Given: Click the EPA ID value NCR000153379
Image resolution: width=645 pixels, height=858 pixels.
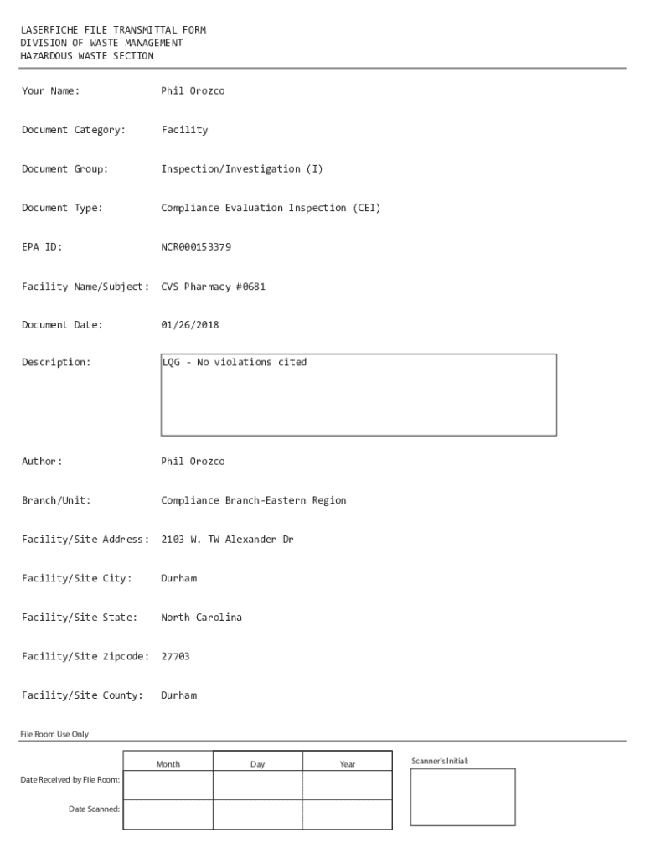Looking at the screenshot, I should [x=196, y=247].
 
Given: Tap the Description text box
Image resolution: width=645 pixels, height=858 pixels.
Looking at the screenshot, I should [x=359, y=395].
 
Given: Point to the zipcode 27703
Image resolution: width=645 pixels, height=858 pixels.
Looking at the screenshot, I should [x=175, y=657].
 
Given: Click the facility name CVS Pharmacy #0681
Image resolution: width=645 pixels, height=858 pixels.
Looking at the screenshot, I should [x=214, y=287].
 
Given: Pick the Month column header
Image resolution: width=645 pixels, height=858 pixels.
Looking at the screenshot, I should [x=168, y=764].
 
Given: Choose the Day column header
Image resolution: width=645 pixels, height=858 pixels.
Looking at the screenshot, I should [x=257, y=764].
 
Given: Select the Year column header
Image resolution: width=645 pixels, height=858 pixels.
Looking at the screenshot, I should [x=347, y=764].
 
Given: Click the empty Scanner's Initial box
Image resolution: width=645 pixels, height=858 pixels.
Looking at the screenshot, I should [x=462, y=797].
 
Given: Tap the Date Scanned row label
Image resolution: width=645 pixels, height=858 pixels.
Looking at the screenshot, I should [x=94, y=809].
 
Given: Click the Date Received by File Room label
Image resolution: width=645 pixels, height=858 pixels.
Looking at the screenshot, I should [x=70, y=780].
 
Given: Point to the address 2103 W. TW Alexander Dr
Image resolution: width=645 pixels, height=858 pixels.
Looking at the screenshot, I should [x=227, y=540].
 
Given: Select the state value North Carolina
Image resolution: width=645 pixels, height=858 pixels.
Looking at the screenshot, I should [x=201, y=618].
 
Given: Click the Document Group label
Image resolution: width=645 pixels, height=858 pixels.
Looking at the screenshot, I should [x=64, y=169].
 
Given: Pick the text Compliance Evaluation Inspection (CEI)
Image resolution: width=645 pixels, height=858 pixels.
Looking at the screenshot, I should [x=271, y=209].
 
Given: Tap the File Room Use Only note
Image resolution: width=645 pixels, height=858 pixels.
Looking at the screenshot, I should [x=54, y=735].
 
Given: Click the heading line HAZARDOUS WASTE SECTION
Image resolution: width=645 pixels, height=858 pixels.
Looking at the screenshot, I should [x=87, y=56].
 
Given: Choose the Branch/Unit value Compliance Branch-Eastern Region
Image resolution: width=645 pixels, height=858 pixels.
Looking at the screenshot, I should [x=253, y=501].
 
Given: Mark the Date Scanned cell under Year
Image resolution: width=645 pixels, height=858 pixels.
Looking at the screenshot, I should [x=347, y=814].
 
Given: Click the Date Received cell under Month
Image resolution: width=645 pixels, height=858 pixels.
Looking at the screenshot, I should [x=168, y=785].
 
